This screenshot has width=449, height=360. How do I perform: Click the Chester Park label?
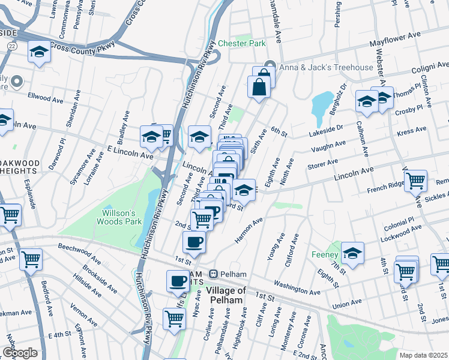coord(241,43)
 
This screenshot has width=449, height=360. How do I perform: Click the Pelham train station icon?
coord(212,274)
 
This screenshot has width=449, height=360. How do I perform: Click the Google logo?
coord(19,352)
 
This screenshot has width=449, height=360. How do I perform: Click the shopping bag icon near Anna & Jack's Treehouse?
coord(259,86)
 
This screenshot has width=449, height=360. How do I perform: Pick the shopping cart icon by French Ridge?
coord(415,179)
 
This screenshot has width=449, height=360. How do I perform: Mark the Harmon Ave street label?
coord(249,230)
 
